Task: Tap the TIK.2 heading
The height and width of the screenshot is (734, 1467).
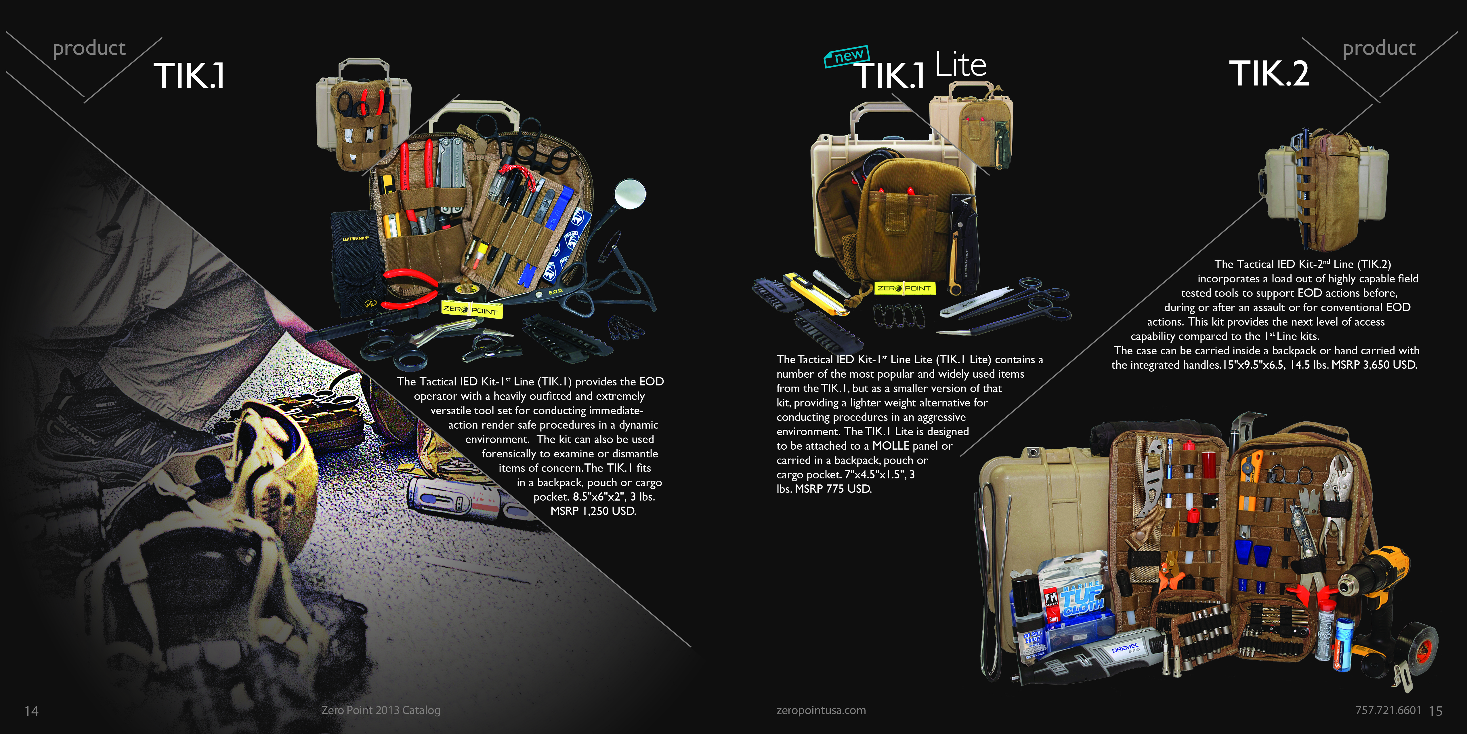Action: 1269,73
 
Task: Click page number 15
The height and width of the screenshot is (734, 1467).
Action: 1436,711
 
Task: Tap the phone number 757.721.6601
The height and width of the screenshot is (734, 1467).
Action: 1388,710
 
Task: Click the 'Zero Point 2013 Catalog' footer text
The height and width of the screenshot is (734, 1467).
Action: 381,710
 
